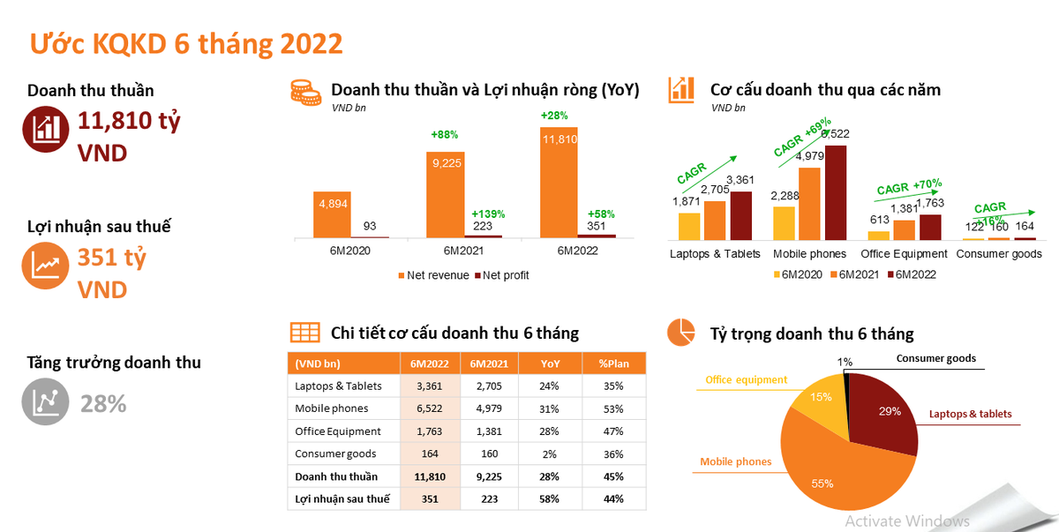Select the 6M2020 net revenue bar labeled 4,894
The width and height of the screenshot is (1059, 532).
[x=332, y=214]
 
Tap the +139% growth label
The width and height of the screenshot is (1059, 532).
[x=488, y=214]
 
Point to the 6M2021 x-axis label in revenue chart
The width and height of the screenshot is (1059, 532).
[x=464, y=251]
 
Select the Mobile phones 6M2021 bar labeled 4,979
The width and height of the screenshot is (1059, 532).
[x=809, y=203]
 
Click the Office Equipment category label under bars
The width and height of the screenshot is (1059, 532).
[x=904, y=254]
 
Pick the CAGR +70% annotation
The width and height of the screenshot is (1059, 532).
[x=909, y=188]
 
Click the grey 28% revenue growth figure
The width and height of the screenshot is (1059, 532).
[x=103, y=404]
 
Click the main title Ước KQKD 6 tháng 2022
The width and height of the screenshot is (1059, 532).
[x=186, y=43]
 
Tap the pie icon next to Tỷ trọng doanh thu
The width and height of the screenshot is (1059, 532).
[x=680, y=333]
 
